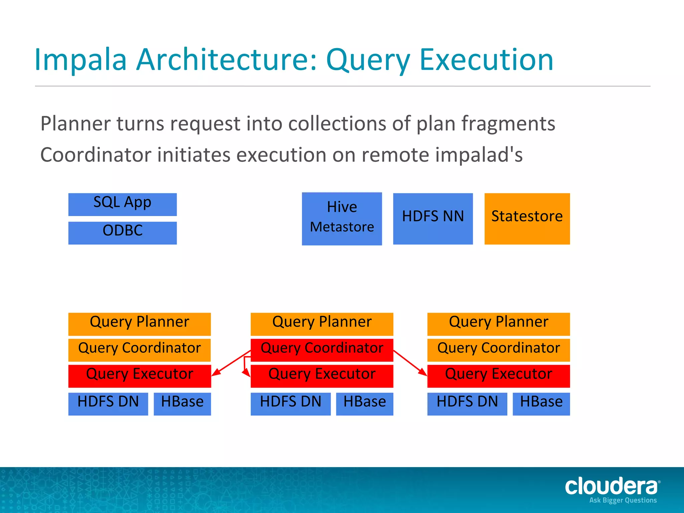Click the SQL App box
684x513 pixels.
(122, 204)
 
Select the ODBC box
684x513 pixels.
(122, 233)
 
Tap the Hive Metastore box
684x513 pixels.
(342, 218)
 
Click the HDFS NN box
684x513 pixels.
(433, 218)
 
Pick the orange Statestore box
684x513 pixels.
(527, 218)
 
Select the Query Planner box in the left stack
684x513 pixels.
(139, 324)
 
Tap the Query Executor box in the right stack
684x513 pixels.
(498, 376)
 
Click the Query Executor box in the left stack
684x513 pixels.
(139, 376)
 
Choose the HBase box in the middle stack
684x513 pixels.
(364, 403)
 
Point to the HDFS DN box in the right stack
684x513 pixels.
(467, 403)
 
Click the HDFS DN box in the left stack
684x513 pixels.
(108, 403)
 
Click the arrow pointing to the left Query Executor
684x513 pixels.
(231, 363)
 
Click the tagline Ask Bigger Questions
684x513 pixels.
(623, 500)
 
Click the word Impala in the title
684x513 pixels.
(80, 60)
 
